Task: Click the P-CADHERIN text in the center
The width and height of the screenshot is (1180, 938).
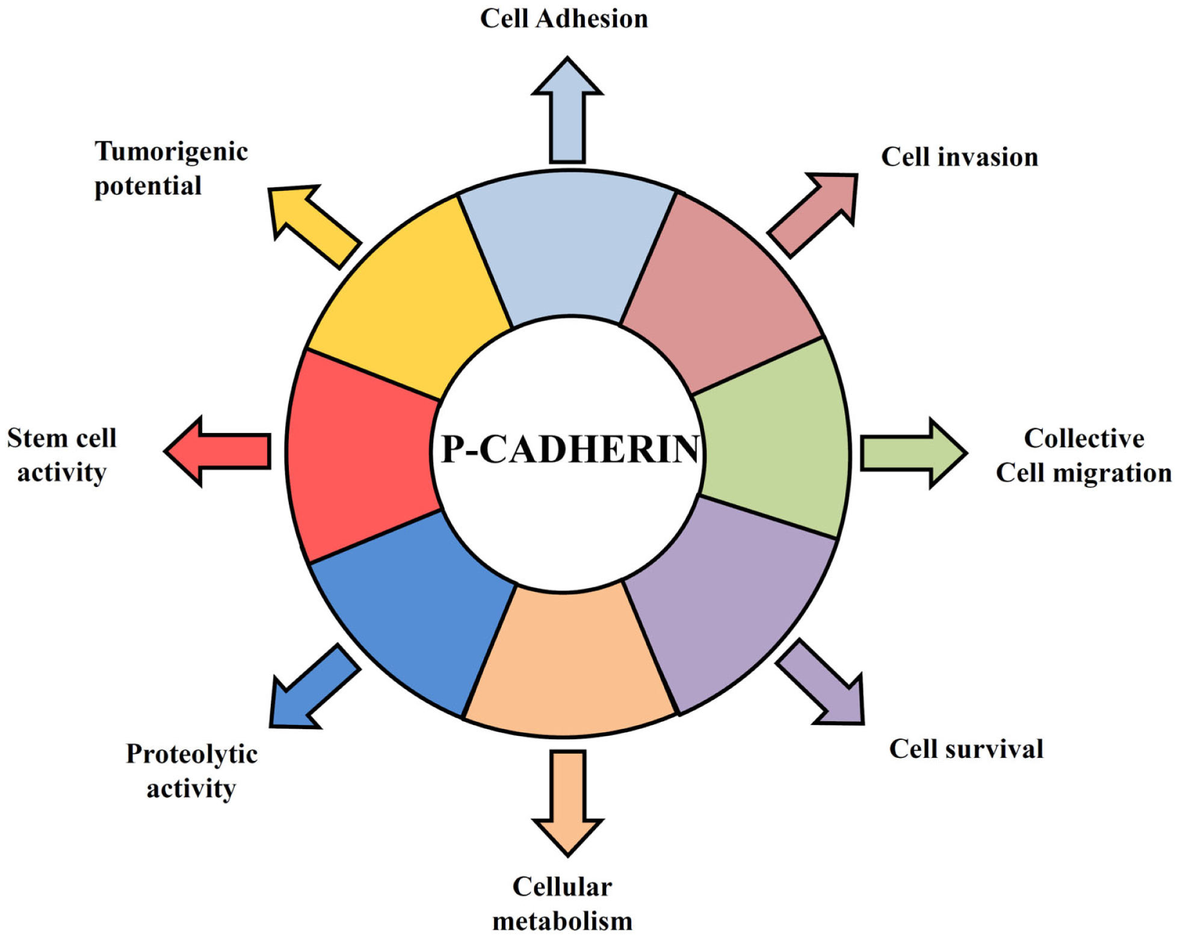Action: click(x=569, y=449)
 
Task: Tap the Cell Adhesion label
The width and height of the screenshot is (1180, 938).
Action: click(x=564, y=19)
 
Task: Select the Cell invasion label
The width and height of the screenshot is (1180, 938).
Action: click(x=960, y=157)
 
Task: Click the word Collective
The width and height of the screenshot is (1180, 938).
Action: click(x=1084, y=438)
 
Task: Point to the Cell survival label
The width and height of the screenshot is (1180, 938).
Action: click(x=966, y=749)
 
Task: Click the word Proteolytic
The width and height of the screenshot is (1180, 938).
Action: click(x=191, y=754)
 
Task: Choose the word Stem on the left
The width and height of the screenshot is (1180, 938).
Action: click(x=35, y=438)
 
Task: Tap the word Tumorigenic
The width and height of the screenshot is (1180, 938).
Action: click(x=171, y=152)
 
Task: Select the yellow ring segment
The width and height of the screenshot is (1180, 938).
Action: click(x=409, y=301)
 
